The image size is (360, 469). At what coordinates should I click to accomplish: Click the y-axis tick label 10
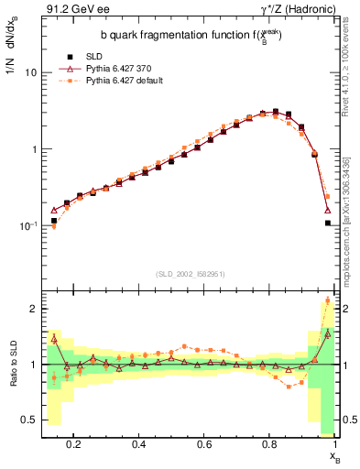[x=29, y=71]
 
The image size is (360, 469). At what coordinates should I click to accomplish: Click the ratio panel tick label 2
[x=32, y=309]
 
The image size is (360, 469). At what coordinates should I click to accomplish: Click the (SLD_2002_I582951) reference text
[x=188, y=274]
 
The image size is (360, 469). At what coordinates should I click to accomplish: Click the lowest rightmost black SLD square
[x=328, y=247]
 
